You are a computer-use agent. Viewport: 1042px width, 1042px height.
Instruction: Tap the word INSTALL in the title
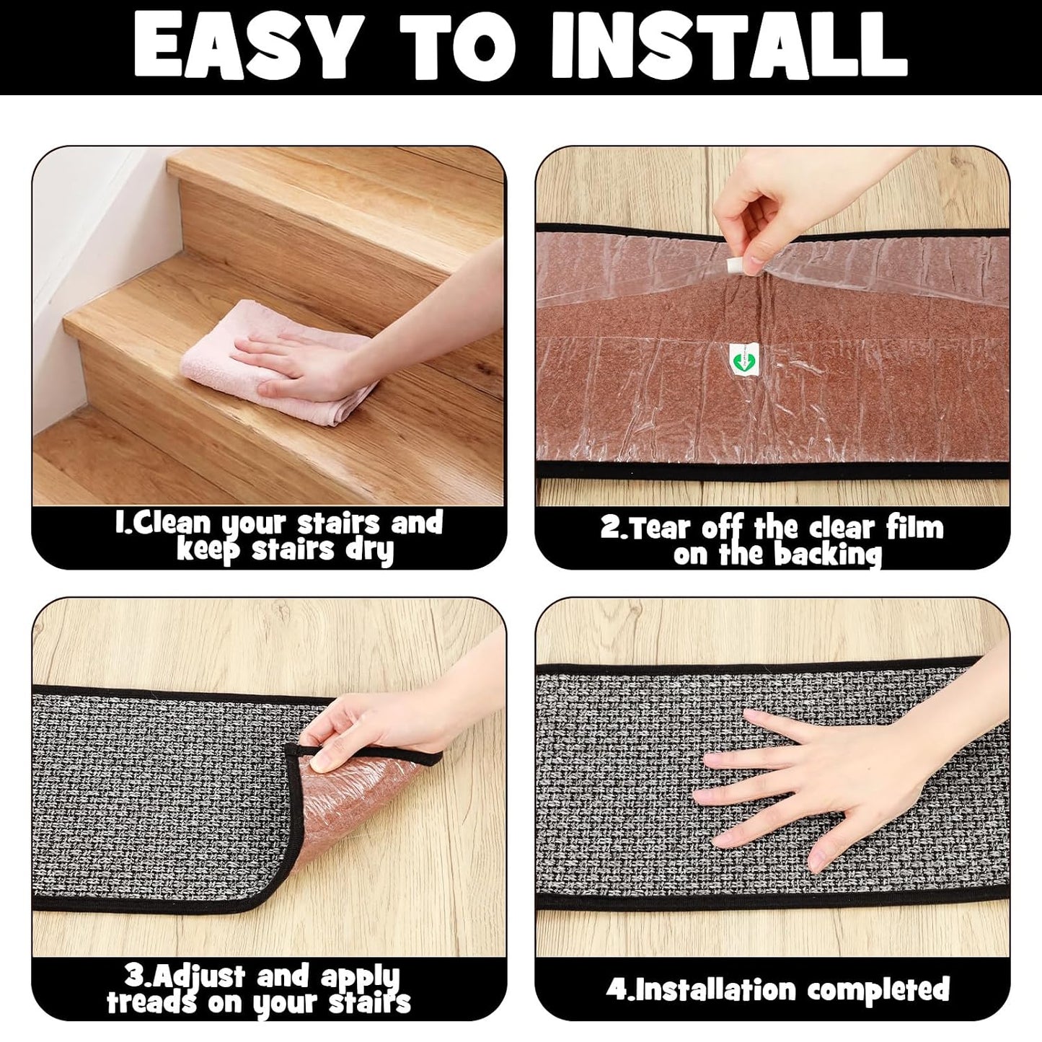click(729, 46)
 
